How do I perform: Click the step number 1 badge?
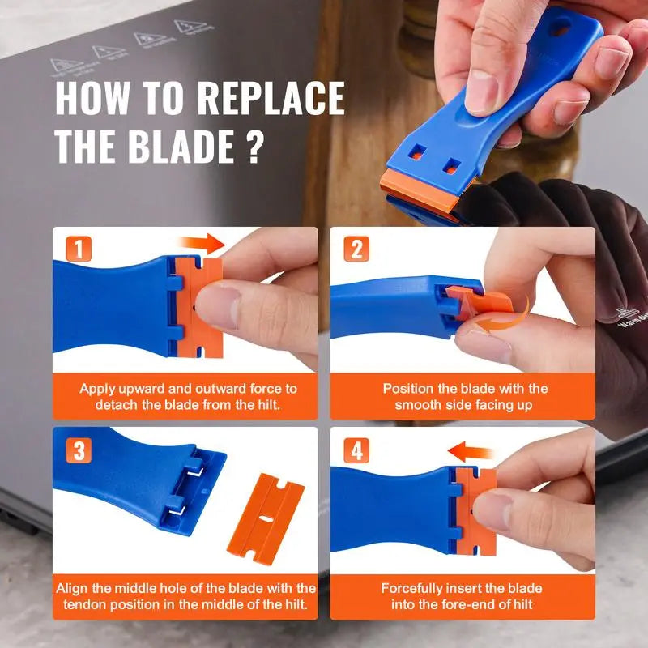tap(79, 249)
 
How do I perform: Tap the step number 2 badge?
tap(355, 249)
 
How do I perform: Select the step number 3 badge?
tap(79, 450)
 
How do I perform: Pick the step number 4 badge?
tap(356, 450)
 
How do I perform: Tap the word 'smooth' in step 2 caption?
tap(421, 404)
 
